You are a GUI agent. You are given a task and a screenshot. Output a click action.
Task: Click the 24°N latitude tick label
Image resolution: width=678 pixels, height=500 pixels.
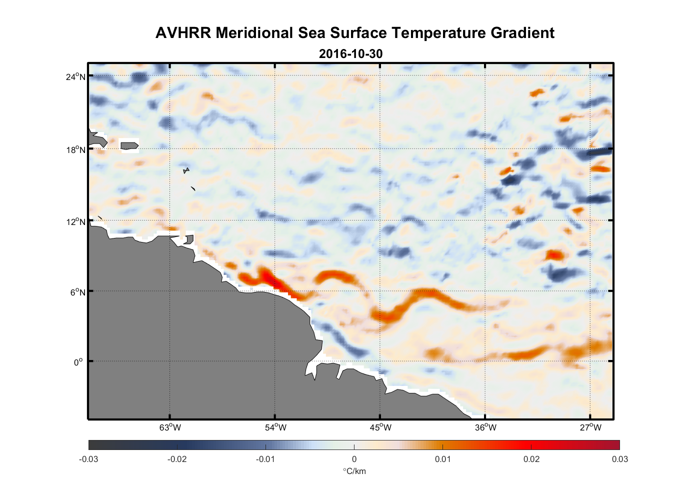click(75, 76)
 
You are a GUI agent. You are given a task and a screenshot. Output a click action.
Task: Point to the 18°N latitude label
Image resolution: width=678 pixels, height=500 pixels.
click(75, 149)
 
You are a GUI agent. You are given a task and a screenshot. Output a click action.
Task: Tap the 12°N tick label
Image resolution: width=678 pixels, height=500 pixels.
click(75, 221)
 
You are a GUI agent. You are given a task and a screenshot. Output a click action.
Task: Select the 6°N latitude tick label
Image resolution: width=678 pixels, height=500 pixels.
click(77, 292)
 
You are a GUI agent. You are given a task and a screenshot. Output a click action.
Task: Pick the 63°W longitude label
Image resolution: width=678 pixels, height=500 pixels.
click(170, 427)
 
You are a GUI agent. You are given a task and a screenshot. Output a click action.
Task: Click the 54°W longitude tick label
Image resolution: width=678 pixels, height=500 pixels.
click(275, 427)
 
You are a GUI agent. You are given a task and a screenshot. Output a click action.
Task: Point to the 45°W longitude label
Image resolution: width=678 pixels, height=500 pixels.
click(380, 427)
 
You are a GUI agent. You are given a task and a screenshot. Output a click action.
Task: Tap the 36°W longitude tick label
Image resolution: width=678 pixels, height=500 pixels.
click(485, 427)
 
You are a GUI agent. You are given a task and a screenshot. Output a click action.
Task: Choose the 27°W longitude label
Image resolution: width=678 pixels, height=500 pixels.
click(590, 427)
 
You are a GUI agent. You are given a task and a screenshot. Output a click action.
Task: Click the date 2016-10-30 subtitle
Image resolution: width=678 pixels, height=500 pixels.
click(350, 53)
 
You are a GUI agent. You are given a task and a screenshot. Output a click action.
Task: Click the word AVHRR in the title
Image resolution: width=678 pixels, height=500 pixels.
click(183, 33)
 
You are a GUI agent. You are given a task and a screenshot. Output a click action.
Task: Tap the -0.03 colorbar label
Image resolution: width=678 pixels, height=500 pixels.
click(88, 459)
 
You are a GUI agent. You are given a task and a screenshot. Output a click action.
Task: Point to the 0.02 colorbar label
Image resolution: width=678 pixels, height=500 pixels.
click(531, 459)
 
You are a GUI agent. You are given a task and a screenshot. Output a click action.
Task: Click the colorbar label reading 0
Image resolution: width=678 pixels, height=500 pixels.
click(354, 459)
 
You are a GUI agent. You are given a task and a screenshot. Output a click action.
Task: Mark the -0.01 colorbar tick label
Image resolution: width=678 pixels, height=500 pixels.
click(265, 459)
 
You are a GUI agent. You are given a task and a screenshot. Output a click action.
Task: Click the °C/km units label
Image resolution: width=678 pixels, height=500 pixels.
click(354, 471)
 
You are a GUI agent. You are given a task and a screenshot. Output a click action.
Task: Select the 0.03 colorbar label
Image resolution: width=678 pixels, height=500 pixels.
click(619, 459)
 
